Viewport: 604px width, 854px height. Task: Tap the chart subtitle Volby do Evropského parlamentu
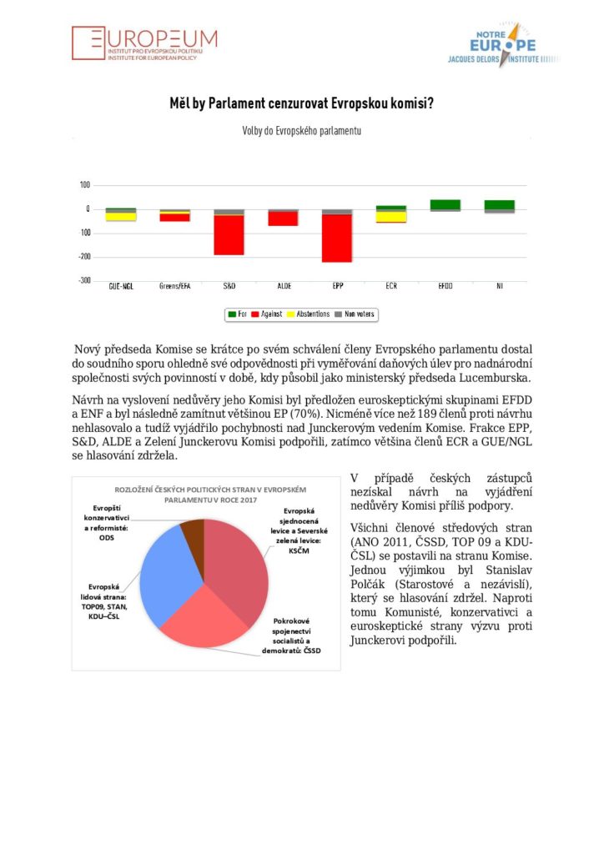click(301, 131)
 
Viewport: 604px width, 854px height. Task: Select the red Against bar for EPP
click(337, 239)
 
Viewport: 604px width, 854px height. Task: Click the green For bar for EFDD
click(445, 204)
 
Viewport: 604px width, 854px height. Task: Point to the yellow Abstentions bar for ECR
click(391, 216)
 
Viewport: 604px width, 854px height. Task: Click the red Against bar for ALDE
click(283, 219)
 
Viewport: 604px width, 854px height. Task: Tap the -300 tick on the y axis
click(85, 280)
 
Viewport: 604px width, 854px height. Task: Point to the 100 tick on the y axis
click(85, 185)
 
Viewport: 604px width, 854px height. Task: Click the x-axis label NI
click(499, 286)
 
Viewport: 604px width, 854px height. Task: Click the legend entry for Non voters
click(355, 314)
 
